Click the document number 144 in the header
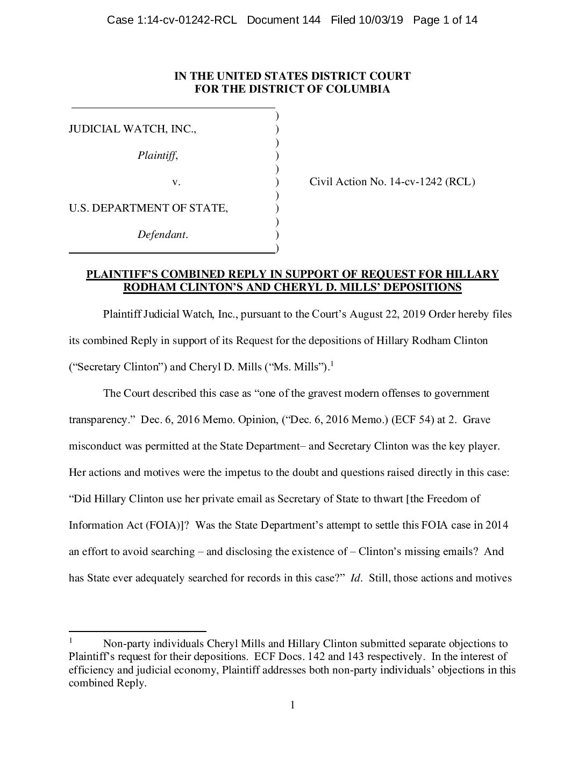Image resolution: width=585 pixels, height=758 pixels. (x=312, y=20)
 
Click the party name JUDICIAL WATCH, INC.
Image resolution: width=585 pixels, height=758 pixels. (x=132, y=129)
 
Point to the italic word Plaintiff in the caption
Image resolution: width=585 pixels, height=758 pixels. (x=156, y=156)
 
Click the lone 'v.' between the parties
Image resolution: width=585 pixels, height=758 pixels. (x=176, y=182)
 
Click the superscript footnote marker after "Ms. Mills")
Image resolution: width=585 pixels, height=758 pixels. (x=332, y=364)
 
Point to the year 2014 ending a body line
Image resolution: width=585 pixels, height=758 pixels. (x=497, y=525)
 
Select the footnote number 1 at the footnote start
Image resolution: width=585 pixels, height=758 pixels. (x=70, y=641)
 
